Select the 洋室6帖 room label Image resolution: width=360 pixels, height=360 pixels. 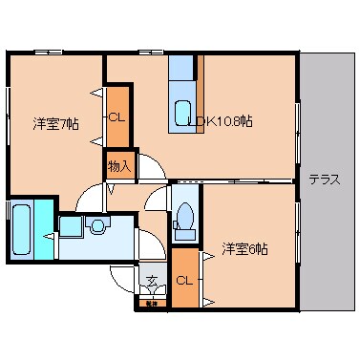[244, 250]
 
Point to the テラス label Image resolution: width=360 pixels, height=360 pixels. [325, 180]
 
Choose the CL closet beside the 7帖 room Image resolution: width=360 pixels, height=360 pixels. [116, 117]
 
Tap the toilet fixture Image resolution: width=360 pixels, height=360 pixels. [186, 216]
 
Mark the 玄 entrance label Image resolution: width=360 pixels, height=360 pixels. [151, 282]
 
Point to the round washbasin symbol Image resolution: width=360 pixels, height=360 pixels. [97, 224]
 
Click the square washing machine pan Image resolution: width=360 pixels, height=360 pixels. [71, 226]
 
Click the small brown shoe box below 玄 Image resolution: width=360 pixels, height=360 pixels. [151, 303]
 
